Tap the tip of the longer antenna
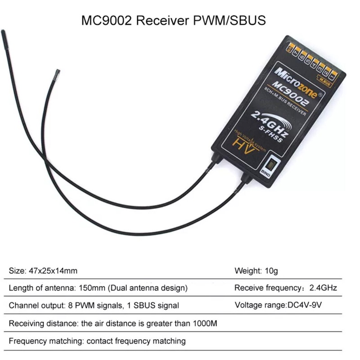(x=3, y=32)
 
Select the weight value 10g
(x=270, y=271)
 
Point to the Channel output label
(x=35, y=306)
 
